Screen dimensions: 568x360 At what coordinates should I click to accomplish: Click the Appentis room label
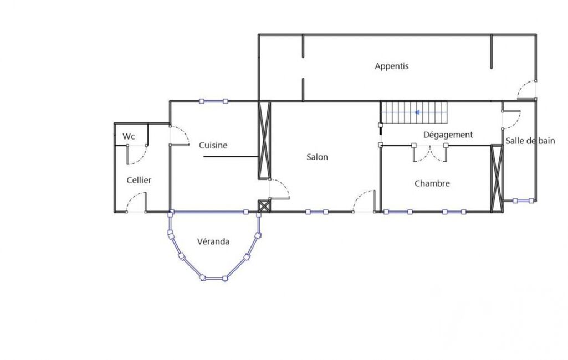392,66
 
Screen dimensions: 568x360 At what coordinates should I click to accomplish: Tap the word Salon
317,157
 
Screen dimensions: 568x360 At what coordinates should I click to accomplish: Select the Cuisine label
213,145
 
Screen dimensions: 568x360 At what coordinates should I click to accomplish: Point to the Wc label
129,137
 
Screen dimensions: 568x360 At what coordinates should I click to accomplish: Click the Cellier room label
139,180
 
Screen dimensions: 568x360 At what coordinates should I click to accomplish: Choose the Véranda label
213,241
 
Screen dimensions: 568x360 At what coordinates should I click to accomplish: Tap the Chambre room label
432,183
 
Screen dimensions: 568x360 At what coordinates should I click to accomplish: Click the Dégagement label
448,135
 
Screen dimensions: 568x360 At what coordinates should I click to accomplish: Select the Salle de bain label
530,141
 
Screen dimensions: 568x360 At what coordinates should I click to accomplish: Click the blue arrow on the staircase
417,112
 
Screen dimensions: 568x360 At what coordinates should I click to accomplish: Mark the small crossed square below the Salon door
264,206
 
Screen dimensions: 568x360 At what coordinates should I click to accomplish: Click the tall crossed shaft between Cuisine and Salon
264,141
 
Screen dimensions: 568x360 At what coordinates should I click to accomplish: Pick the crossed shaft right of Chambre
497,178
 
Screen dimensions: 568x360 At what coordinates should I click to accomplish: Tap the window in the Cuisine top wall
214,101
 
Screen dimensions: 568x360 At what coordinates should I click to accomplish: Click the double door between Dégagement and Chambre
430,153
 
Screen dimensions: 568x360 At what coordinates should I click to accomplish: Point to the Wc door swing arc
140,156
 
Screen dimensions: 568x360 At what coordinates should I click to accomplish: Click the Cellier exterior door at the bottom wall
136,202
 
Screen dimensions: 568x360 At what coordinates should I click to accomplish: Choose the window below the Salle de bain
523,200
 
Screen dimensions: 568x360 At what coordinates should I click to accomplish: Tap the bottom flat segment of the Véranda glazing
214,278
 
